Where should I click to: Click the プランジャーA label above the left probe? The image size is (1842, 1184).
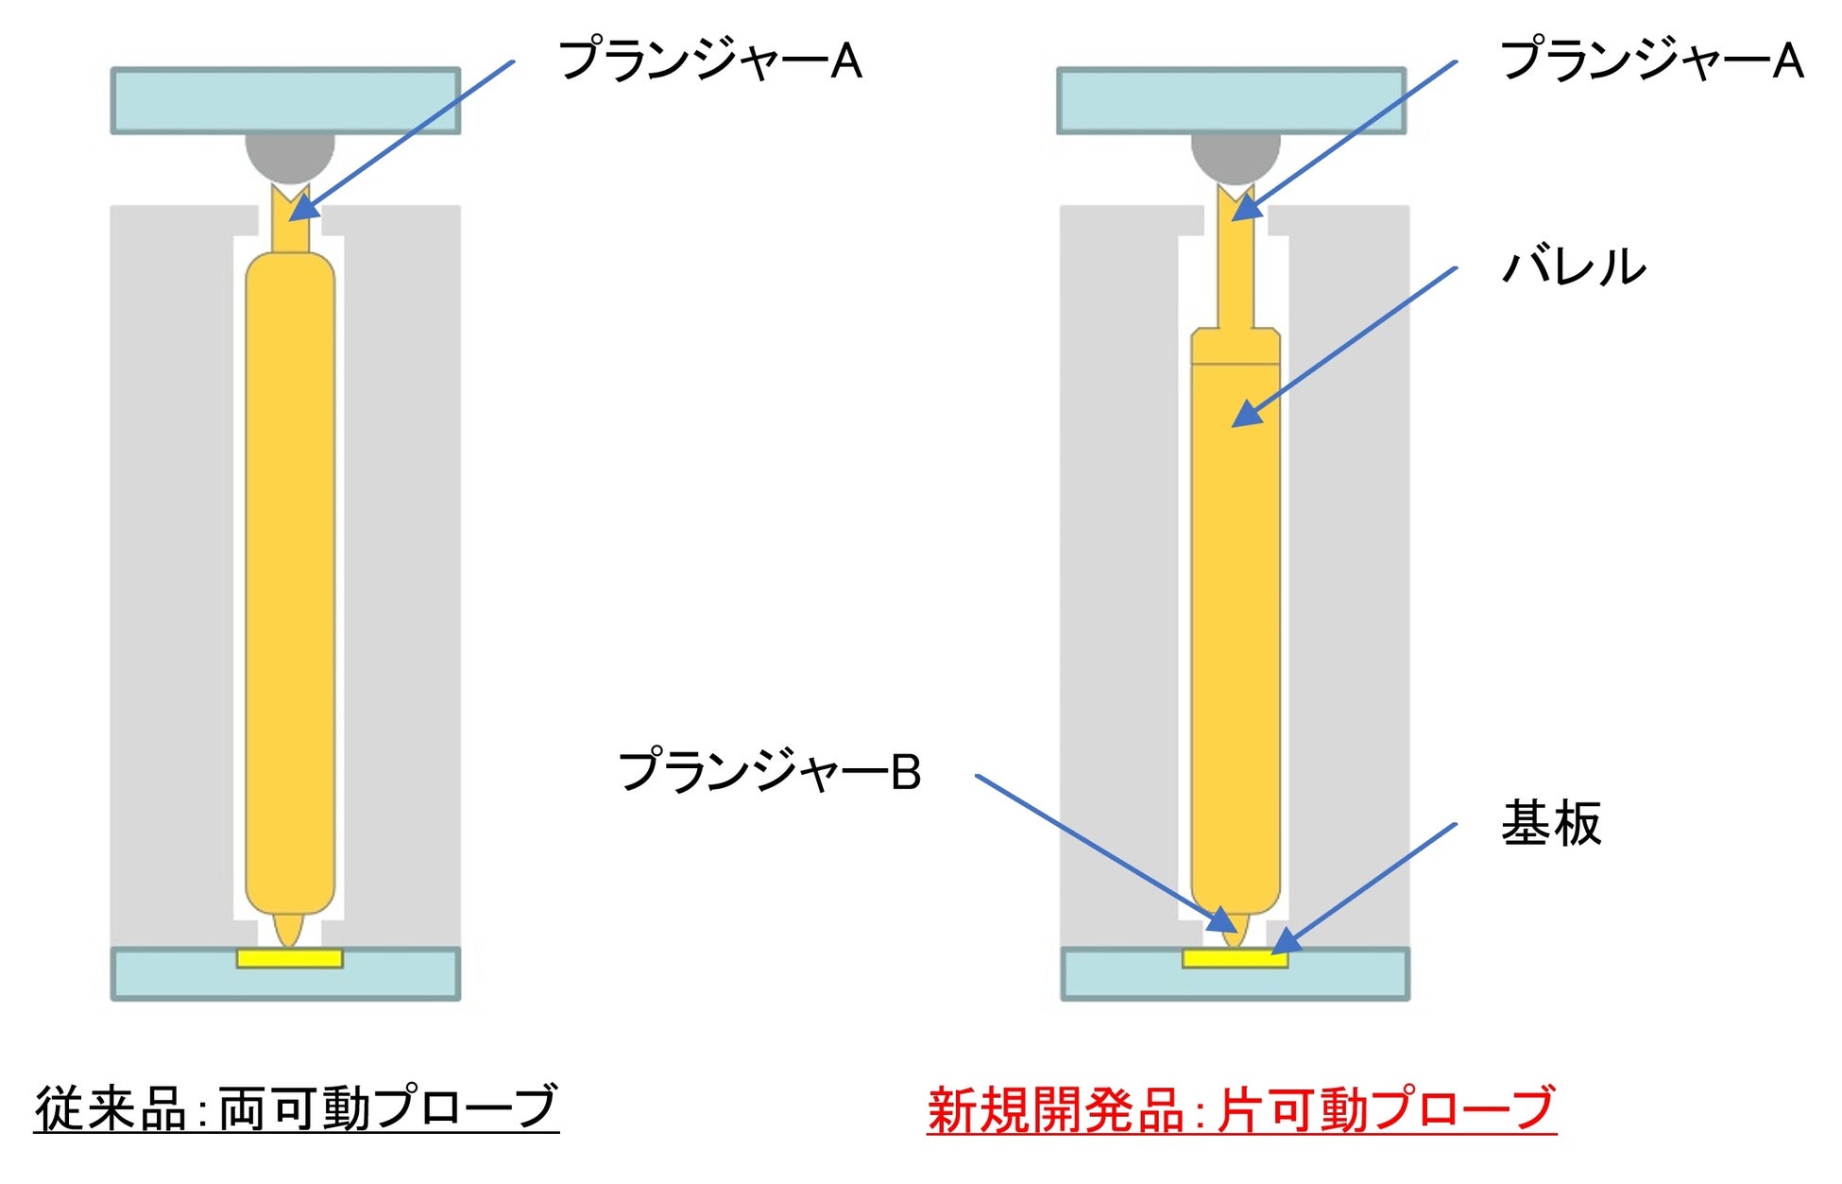click(709, 60)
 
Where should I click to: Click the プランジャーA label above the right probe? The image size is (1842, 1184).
click(1650, 60)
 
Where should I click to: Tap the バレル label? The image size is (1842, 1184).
click(1574, 266)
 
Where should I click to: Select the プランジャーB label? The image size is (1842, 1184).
click(769, 771)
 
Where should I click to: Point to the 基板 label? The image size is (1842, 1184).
click(1551, 823)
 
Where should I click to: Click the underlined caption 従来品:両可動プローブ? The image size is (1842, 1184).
click(297, 1107)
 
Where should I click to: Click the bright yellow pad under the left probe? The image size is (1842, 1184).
click(289, 958)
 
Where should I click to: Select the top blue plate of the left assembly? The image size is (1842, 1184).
click(285, 100)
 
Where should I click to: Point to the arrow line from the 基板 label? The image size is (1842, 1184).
click(1370, 884)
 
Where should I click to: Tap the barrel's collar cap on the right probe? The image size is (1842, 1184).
click(1235, 346)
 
